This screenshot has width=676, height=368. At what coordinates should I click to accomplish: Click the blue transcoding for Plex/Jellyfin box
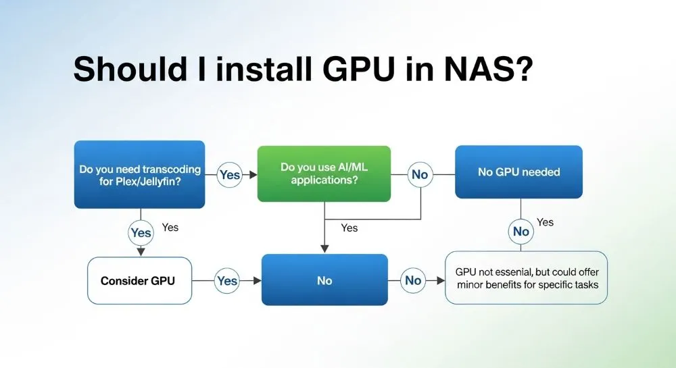coord(139,174)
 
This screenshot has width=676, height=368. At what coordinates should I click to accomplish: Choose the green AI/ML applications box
coord(324,174)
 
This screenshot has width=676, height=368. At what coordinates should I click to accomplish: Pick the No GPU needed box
coord(518,172)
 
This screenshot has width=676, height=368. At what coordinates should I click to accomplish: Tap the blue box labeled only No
coord(324,280)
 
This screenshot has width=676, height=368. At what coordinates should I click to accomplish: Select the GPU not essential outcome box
coord(527,278)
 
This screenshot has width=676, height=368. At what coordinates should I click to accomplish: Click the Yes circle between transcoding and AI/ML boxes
coord(230,175)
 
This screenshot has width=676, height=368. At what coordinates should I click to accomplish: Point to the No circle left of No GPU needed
coord(419,175)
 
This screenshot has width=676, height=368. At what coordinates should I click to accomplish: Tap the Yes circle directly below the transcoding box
coord(141,233)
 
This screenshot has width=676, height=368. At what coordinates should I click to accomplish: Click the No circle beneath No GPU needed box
coord(521,232)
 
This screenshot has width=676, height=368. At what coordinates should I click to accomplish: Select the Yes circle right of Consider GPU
coord(227,280)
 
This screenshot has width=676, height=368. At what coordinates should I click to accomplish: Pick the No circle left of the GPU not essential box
coord(412,280)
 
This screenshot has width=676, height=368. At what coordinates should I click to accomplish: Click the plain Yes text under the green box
coord(349,228)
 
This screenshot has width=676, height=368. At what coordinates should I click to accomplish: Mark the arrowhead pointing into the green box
coord(254,175)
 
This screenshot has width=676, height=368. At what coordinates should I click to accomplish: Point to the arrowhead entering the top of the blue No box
coord(324,248)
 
